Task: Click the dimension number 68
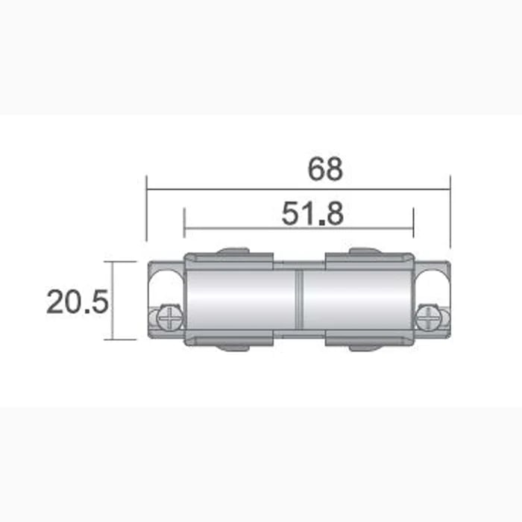[x=325, y=169]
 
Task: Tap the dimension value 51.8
[x=312, y=214]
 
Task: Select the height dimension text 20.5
[x=78, y=303]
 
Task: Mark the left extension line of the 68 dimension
[x=147, y=209]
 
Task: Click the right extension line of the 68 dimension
[x=450, y=209]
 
